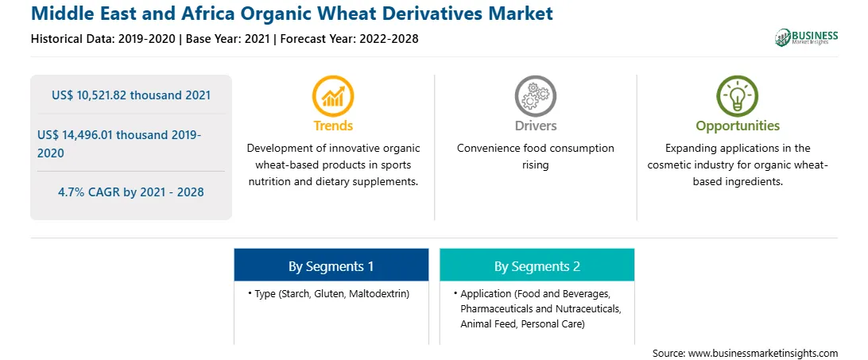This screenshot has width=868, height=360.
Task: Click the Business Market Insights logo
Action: pos(807,37)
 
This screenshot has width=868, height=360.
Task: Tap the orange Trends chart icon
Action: pos(333,96)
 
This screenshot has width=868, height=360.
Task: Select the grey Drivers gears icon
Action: pos(535,96)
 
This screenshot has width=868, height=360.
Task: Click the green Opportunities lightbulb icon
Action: pos(738,96)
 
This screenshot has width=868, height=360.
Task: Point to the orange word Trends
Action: pos(333,126)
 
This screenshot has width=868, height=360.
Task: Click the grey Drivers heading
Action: pos(535,126)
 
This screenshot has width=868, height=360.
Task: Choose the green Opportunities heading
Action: pos(738,126)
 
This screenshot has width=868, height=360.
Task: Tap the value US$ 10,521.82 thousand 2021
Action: pos(131,95)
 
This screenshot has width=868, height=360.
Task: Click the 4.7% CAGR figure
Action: pos(131,192)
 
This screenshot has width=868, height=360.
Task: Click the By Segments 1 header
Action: pos(331,266)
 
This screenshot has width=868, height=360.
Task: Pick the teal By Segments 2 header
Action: pos(537,266)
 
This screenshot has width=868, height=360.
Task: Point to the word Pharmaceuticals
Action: pos(495,308)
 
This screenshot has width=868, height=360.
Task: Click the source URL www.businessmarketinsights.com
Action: pos(763,353)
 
